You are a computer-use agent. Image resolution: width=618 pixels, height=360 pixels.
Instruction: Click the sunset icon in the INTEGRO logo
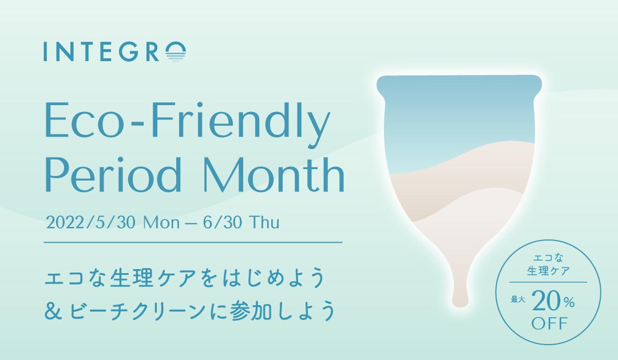[176, 52]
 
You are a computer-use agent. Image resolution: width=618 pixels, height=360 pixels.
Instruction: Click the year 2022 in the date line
[65, 222]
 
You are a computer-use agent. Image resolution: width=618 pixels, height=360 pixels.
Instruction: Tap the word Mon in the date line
[161, 222]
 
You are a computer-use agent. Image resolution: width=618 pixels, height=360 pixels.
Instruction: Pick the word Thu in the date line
[264, 222]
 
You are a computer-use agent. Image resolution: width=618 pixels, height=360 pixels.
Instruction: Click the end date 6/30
[223, 222]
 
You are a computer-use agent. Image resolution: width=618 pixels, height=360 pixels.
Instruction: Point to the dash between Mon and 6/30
[191, 224]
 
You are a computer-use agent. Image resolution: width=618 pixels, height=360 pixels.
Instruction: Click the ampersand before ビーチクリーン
[53, 311]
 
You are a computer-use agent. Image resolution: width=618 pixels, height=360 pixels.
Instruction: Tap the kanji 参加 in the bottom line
[251, 311]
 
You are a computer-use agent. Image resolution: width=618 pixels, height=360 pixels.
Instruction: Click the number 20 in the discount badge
[547, 301]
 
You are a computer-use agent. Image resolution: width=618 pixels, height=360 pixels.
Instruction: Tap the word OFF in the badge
[549, 323]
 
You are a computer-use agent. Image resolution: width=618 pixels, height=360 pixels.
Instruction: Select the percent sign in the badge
[569, 303]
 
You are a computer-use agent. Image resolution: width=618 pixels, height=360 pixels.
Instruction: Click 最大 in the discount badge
[518, 299]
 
